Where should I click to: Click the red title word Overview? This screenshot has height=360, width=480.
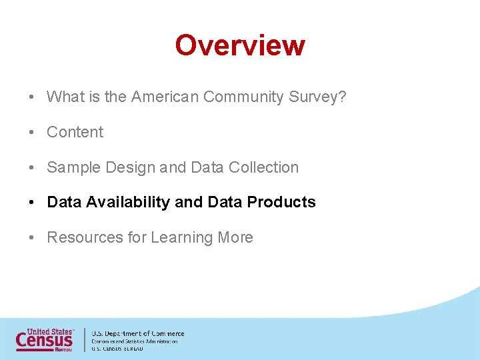(x=240, y=45)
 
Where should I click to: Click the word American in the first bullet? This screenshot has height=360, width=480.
(x=165, y=97)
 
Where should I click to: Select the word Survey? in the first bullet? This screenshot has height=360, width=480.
(x=318, y=97)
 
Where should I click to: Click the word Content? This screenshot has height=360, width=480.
(x=75, y=133)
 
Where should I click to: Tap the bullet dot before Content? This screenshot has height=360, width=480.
(x=32, y=133)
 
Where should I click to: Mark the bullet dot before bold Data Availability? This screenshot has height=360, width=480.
(x=32, y=203)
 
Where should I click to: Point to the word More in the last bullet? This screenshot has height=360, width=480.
(x=235, y=238)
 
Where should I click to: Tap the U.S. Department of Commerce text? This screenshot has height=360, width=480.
(x=137, y=333)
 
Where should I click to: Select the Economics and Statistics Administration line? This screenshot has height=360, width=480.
(x=134, y=341)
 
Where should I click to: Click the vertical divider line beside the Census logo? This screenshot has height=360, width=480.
(x=84, y=339)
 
